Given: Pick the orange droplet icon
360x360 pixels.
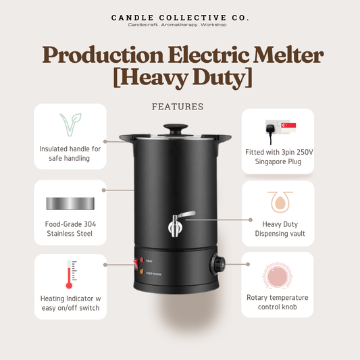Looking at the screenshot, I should click(x=278, y=201).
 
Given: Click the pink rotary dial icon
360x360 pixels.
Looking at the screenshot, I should click(x=278, y=276).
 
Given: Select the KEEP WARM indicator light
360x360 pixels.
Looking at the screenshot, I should click(x=143, y=272).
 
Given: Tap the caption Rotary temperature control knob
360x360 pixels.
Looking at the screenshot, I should click(x=278, y=301).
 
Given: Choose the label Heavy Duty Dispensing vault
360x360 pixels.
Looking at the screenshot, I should click(x=278, y=228).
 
